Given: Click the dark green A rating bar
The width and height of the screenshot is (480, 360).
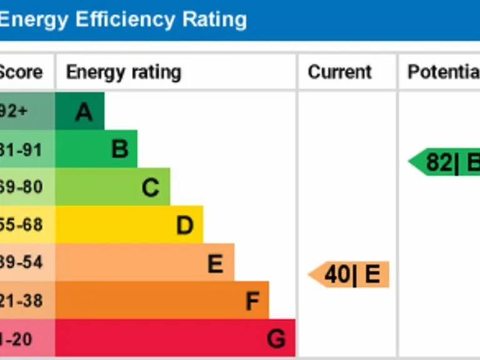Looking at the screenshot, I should coord(80,111).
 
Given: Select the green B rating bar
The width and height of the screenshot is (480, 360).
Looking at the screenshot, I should coord(97,149).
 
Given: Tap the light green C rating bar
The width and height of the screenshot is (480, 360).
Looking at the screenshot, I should coord(113,187).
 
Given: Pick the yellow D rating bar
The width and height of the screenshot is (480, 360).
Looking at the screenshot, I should coord(129,224).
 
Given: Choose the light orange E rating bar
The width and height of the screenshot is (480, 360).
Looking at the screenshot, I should coord(145,262).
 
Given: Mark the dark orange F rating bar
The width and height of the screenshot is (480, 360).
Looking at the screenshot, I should coord(162,301).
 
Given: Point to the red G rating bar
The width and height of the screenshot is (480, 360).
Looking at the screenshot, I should coord(176,338).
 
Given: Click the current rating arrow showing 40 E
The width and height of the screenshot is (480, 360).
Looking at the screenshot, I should coord(350,275).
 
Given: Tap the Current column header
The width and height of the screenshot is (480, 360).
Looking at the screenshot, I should coord(340,72).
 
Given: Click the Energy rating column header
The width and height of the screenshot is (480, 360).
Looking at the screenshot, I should coord(124,72).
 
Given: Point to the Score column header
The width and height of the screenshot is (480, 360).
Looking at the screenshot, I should coord(21,72).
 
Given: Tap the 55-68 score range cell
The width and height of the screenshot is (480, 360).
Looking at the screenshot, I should coord(22,224).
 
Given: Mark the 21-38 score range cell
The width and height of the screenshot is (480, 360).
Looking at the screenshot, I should coord(22,301).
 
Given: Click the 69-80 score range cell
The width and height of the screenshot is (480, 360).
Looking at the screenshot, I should coord(22,187).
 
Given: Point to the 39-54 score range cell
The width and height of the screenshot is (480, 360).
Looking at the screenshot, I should coord(22,262).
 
